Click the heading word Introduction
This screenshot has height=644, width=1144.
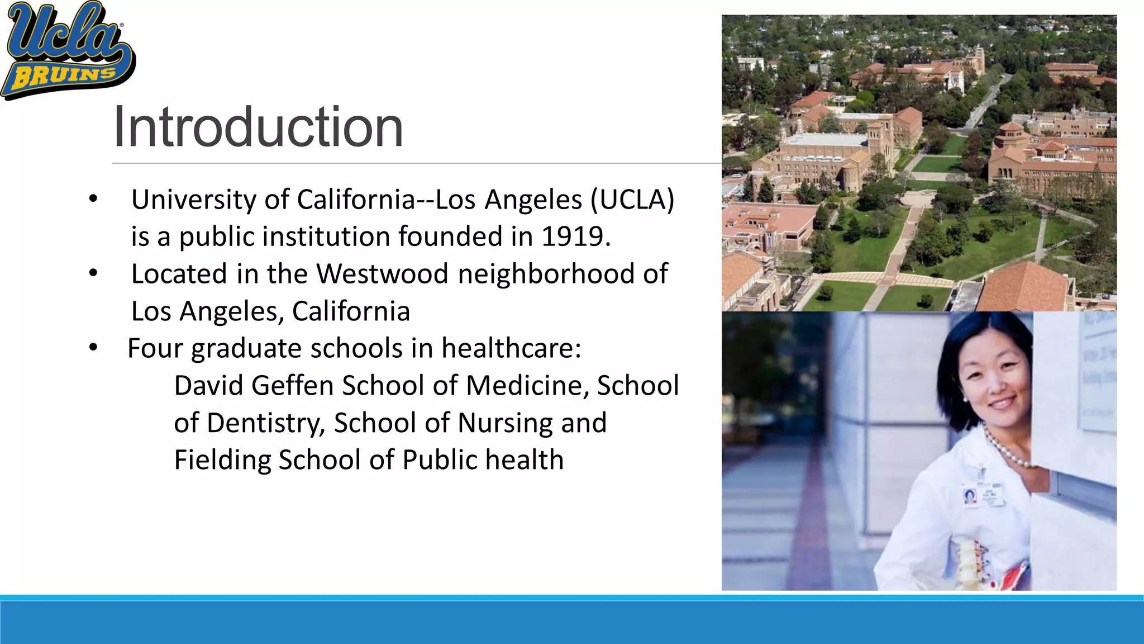tap(258, 127)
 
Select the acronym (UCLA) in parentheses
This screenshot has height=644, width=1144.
tap(632, 200)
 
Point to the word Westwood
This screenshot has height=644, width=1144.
tap(382, 274)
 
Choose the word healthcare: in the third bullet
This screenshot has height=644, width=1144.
tap(511, 348)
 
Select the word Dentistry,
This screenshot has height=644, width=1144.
tap(266, 423)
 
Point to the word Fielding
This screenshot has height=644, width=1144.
tap(222, 460)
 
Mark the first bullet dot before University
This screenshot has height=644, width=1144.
tap(93, 199)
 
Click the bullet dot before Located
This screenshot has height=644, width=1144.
tap(93, 273)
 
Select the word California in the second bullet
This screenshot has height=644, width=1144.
tap(351, 311)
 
